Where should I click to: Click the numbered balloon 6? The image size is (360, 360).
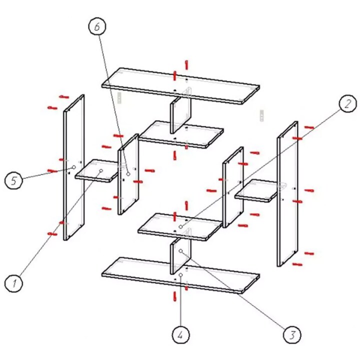coord(97,26)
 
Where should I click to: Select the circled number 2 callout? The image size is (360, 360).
coord(348,103)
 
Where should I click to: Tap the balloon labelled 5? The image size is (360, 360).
coord(13,180)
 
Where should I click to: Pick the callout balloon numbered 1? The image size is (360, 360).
coord(14,283)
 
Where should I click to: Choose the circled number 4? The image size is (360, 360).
coord(180,334)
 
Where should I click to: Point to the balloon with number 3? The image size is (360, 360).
coord(292,334)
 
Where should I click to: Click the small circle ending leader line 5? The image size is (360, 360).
coord(73,167)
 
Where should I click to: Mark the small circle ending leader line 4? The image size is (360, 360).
coord(181,275)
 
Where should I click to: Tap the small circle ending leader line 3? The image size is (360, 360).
coord(181,250)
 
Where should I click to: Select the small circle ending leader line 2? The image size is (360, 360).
coord(181,227)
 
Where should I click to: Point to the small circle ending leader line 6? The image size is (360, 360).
coord(128,174)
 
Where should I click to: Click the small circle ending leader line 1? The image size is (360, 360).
coord(101,170)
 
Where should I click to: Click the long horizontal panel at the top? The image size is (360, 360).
coord(180,86)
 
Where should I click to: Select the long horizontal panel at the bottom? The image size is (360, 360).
coord(180,275)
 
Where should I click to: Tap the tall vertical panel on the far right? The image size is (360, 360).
coord(287,194)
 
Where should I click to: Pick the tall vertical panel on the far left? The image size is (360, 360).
coord(74,167)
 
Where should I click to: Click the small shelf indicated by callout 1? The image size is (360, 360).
coord(96,171)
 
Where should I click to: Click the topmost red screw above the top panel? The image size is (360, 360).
coord(186,64)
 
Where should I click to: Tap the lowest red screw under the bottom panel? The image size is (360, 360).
coord(175,296)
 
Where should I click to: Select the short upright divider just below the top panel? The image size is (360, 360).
coord(180,110)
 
